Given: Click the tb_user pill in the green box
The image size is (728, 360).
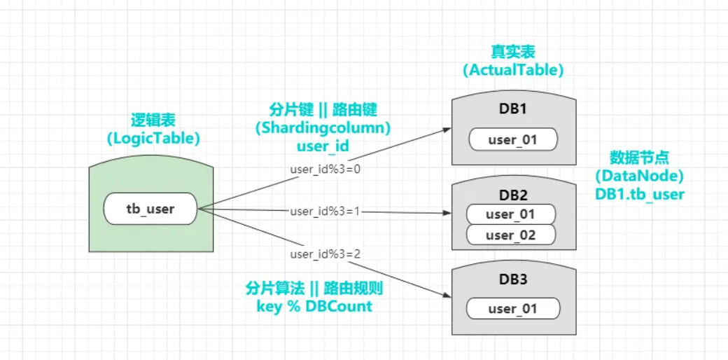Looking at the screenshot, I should click(x=150, y=209).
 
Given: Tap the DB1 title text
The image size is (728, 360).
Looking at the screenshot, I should click(x=513, y=110).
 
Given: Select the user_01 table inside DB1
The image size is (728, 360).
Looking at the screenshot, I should click(x=513, y=140).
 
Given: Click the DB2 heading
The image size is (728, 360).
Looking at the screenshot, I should click(x=513, y=195).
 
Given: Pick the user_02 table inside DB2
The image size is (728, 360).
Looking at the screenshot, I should click(x=510, y=235).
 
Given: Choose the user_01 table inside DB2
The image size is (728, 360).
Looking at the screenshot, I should click(x=510, y=214).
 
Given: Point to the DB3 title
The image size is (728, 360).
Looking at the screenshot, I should click(x=513, y=279).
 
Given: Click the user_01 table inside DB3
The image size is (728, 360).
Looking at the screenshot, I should click(x=513, y=309).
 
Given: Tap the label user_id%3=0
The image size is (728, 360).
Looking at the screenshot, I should click(x=325, y=169).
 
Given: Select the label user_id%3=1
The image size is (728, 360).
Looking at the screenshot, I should click(x=325, y=210).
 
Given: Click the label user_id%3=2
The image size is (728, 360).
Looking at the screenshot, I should click(x=325, y=253).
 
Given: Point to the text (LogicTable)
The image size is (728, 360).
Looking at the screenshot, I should click(x=153, y=139).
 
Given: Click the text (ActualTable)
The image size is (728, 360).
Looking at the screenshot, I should click(x=513, y=70).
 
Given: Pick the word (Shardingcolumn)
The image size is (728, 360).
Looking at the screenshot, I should click(x=323, y=128).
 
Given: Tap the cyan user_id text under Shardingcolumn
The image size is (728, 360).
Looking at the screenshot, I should click(x=323, y=146).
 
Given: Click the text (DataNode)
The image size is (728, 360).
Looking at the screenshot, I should click(x=639, y=176).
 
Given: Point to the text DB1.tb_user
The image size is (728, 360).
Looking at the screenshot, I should click(x=639, y=194).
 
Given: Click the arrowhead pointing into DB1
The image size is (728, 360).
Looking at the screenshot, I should click(x=445, y=130).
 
